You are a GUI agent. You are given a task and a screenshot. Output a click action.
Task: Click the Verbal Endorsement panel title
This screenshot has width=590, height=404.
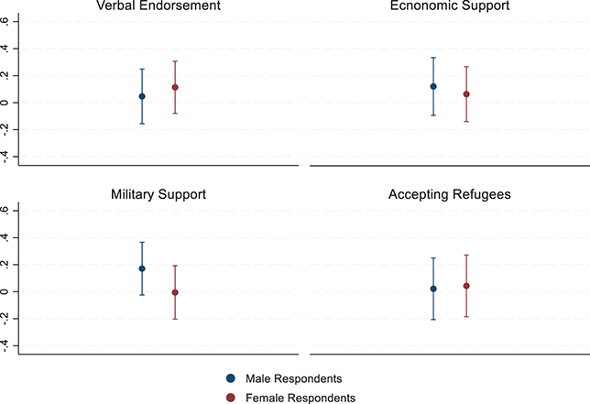pos(158,7)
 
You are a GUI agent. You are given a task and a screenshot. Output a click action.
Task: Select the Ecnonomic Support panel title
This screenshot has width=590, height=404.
pos(450,7)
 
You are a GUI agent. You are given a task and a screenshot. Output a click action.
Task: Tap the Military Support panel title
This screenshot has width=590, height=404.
pos(158,195)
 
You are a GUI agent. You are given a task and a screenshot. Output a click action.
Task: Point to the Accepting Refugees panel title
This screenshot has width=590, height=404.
pos(450,195)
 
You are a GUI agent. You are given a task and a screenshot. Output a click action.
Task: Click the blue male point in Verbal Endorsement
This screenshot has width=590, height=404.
pos(142,96)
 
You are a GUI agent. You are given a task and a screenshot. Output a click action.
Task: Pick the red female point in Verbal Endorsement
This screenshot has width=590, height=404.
pos(175,87)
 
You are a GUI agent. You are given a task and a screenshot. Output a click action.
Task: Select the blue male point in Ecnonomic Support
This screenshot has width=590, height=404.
pos(433,86)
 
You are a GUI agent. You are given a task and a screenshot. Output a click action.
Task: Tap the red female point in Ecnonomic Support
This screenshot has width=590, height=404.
pos(466,93)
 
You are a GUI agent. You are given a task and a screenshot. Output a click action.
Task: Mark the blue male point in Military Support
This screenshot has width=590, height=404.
pos(142,268)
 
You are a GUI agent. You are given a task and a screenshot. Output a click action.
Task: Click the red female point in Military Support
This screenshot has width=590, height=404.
pos(175,292)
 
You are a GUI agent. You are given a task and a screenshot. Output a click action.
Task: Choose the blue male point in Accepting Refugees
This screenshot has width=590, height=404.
pos(433,289)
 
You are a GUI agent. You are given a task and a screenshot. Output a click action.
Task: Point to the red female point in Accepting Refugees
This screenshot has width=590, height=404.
pos(466,286)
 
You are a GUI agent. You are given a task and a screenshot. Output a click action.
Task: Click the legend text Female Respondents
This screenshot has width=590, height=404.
pos(300,397)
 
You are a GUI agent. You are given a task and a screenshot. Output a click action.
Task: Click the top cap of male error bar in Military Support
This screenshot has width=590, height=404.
pos(142,242)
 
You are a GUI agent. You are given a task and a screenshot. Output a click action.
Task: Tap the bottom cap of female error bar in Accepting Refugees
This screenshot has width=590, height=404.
pos(466,317)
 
